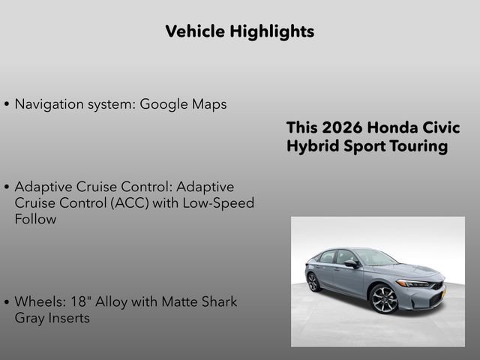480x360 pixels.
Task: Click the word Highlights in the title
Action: (x=272, y=31)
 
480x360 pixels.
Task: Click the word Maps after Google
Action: (x=208, y=104)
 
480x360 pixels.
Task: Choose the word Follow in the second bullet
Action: (x=35, y=220)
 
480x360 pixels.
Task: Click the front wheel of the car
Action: (x=384, y=298)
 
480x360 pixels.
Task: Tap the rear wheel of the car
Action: (x=313, y=282)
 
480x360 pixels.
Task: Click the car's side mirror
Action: (x=351, y=264)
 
